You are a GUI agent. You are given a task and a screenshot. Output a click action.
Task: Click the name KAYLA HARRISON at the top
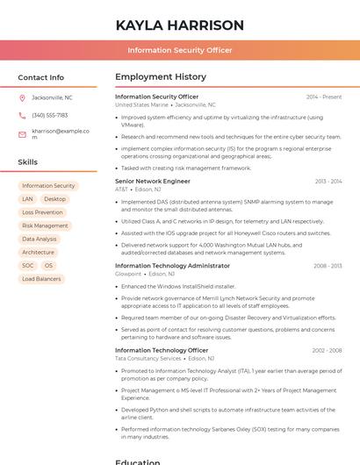[x=179, y=25]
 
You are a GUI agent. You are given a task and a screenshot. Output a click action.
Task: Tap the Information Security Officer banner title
[x=179, y=50]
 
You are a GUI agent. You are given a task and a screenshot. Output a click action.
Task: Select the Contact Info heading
[x=40, y=77]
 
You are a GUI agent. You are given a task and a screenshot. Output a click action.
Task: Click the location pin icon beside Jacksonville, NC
[x=22, y=97]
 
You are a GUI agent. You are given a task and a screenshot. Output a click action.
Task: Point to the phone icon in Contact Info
[x=22, y=115]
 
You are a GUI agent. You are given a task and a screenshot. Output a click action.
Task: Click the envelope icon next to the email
[x=22, y=134]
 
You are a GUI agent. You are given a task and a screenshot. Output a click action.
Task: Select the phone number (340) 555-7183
[x=49, y=115]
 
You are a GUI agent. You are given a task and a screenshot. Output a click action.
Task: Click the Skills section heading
[x=27, y=162]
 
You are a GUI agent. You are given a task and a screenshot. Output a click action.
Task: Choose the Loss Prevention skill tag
[x=42, y=212]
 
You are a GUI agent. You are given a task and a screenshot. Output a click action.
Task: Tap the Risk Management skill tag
[x=45, y=225]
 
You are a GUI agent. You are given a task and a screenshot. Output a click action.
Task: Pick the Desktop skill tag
[x=54, y=199]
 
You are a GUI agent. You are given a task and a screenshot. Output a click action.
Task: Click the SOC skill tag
[x=28, y=265]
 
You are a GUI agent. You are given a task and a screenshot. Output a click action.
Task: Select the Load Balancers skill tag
[x=41, y=279]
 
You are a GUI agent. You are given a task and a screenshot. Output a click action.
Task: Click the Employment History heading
[x=161, y=77]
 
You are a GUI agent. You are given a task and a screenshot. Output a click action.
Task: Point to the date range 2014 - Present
[x=324, y=97]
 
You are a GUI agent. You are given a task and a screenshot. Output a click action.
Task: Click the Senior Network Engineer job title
[x=152, y=181]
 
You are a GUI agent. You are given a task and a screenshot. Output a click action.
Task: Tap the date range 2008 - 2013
[x=328, y=266]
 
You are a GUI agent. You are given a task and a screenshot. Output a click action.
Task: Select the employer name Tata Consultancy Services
[x=148, y=358]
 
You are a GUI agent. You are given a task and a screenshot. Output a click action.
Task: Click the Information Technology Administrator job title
[x=172, y=266]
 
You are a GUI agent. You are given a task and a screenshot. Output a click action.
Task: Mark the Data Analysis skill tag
[x=40, y=239]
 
